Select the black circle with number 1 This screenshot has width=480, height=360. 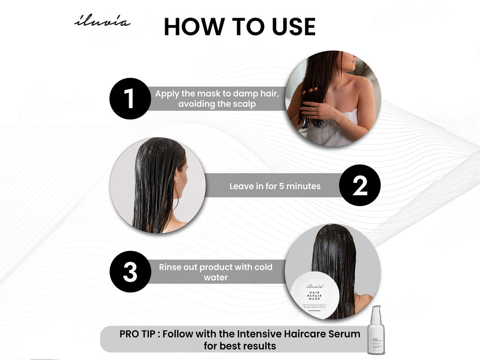(x=129, y=98)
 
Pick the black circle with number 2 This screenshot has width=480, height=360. (x=360, y=186)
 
